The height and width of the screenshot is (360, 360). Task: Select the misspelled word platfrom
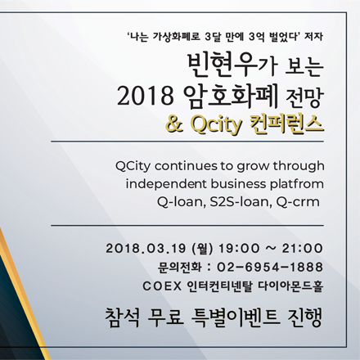(x=294, y=183)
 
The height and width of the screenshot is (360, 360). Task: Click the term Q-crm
(x=294, y=201)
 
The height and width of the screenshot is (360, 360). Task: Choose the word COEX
(x=158, y=286)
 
